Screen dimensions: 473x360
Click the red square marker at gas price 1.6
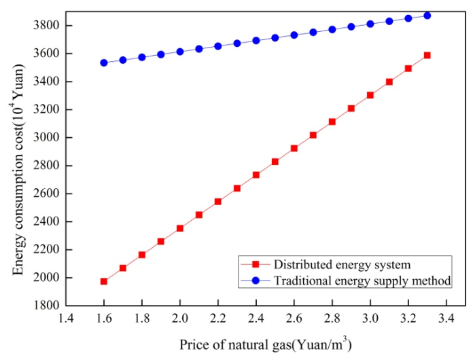point(104,281)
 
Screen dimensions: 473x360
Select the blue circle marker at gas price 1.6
point(104,62)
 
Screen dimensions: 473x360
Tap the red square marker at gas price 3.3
point(427,55)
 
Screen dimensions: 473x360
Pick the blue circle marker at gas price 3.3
point(427,16)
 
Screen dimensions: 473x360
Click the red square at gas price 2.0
point(180,228)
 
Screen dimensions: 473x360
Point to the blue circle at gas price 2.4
point(256,40)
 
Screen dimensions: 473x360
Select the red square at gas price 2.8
point(332,122)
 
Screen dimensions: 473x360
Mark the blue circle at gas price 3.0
point(370,24)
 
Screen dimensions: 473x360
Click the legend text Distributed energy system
point(342,265)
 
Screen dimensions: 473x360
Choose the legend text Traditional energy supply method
point(362,281)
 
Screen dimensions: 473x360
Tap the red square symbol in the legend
point(256,264)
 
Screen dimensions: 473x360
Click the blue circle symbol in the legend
point(256,281)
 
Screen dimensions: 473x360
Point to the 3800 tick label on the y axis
point(46,25)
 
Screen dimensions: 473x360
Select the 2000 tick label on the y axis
point(46,277)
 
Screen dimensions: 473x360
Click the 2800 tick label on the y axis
point(46,165)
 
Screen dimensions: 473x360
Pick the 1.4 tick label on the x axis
point(66,319)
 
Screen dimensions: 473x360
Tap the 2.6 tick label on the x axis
point(294,319)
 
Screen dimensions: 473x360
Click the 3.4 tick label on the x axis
point(446,319)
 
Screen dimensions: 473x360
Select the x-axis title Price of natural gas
point(266,344)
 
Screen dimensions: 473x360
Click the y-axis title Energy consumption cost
point(18,169)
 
